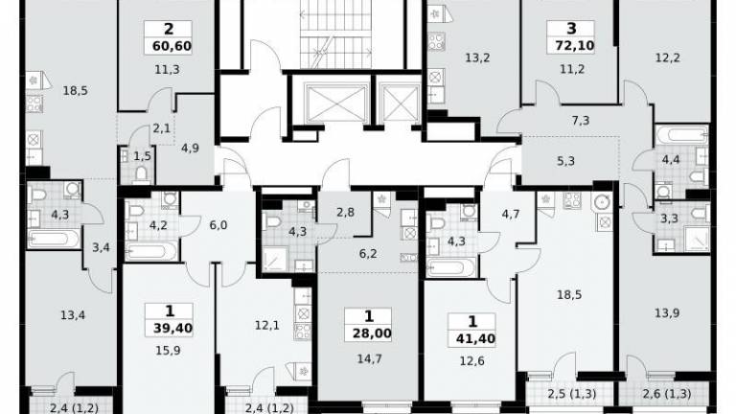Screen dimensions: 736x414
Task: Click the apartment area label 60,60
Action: tap(172, 46)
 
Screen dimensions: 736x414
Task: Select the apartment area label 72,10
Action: tap(575, 46)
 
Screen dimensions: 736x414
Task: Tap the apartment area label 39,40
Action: tap(172, 328)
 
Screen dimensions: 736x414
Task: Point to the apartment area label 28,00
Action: tap(372, 333)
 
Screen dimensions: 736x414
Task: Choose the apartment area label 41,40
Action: tap(475, 338)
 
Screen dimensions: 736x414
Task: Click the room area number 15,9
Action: tap(168, 351)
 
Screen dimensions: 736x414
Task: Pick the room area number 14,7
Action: tap(369, 359)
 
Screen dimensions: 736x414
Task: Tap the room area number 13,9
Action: tap(667, 313)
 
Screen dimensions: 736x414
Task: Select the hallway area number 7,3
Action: tap(581, 121)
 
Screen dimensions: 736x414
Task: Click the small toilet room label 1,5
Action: tap(142, 156)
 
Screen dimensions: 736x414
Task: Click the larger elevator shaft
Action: tap(335, 103)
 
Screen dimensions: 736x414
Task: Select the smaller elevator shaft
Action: tap(401, 103)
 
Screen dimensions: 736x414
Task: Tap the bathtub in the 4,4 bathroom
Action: tap(681, 136)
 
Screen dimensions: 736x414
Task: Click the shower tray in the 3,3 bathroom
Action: tap(697, 239)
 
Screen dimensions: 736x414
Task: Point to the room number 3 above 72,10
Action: tap(571, 29)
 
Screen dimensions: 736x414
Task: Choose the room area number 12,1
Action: tap(267, 325)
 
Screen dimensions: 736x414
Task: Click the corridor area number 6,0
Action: tap(218, 225)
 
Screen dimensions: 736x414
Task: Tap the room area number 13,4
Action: tap(73, 315)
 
